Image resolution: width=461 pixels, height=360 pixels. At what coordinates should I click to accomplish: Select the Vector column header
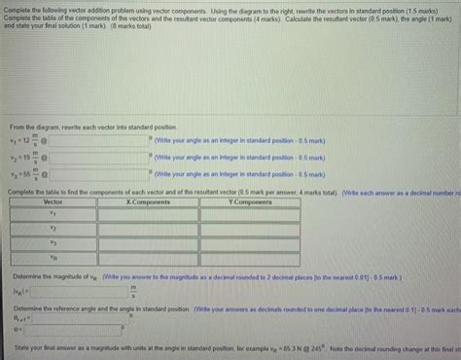53,201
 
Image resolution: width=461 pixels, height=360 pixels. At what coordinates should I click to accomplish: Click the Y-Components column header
250,201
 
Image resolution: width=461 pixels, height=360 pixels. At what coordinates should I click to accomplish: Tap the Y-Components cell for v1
250,211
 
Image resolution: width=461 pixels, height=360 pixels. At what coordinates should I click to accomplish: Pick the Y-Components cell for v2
250,226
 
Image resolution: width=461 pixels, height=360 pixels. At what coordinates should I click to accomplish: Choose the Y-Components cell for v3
250,242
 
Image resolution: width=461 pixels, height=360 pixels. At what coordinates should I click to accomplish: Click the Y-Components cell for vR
250,259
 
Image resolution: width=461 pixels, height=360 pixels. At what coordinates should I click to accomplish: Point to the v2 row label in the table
53,226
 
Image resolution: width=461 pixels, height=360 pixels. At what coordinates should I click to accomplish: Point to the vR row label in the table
53,259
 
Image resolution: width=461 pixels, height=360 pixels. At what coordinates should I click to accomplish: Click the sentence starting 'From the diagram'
92,127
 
